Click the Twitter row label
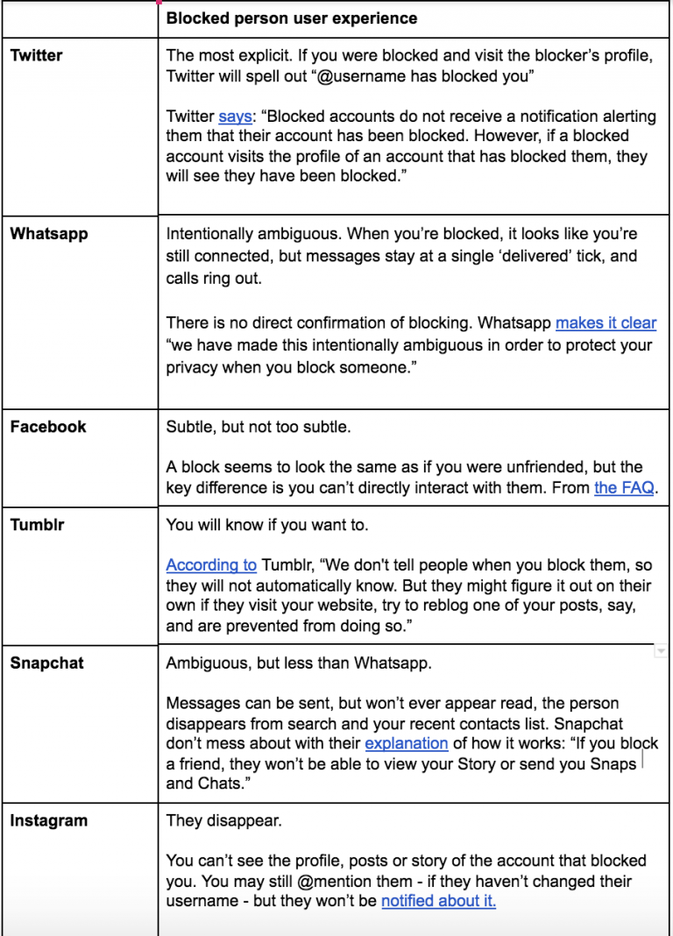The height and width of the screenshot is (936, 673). tap(36, 56)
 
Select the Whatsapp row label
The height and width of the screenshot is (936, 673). tap(48, 234)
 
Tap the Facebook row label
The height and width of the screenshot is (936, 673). tap(48, 427)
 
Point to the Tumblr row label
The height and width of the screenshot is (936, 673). tap(37, 526)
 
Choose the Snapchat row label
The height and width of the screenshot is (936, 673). tap(46, 663)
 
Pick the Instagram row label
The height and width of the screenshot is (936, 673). tap(48, 821)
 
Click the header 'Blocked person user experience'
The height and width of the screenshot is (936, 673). tap(292, 18)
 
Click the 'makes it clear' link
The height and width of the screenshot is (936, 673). tap(606, 323)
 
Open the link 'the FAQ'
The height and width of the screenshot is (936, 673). tap(624, 488)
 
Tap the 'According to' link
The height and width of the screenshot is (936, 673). tap(211, 565)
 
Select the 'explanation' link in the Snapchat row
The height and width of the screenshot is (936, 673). tap(407, 743)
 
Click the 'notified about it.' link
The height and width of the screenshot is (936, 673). tap(439, 901)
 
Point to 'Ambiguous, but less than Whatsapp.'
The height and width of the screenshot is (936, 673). tap(299, 663)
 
